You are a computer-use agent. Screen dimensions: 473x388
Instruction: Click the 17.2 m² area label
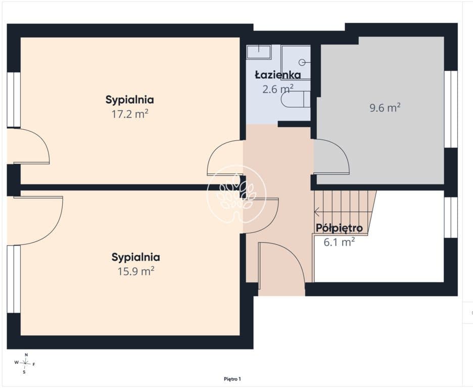pos(130,114)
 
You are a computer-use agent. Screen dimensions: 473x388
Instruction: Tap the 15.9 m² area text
pos(136,271)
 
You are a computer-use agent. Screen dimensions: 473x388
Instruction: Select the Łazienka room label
pos(278,75)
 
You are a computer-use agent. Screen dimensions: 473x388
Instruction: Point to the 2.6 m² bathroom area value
pos(278,89)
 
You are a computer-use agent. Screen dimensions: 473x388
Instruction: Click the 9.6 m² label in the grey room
pos(385,107)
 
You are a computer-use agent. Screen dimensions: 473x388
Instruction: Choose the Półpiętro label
pos(339,228)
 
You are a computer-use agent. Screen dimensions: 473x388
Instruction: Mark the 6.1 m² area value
pos(339,242)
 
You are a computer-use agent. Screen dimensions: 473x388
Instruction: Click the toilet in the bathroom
pos(295,99)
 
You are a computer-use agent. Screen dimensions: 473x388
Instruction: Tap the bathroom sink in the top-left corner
pos(259,52)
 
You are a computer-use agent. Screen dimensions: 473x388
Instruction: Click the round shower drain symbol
pos(302,63)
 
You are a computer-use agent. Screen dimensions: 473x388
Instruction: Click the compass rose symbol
pos(25,363)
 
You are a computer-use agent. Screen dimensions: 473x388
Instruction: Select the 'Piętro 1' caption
pos(232,379)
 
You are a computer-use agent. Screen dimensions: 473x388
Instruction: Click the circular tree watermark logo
pos(236,195)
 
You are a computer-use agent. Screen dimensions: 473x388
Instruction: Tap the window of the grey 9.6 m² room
pos(451,109)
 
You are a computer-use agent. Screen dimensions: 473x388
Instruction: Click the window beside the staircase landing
pos(451,217)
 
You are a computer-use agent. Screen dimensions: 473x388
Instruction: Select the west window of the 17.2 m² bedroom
pos(14,100)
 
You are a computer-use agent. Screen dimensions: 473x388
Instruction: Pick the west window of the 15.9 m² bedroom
pos(14,279)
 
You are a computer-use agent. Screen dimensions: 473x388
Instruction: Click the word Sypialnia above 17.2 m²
pos(130,100)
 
